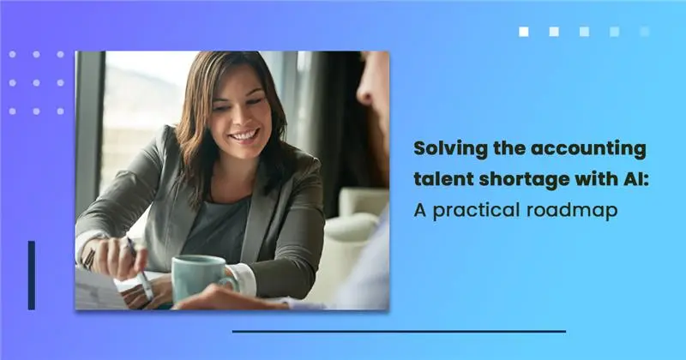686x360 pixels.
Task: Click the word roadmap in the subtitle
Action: click(x=572, y=211)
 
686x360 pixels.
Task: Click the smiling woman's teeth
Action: click(x=245, y=135)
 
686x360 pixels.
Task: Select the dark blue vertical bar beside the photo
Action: click(x=32, y=275)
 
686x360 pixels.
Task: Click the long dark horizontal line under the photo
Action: click(x=399, y=332)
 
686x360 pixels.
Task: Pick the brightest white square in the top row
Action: click(x=524, y=32)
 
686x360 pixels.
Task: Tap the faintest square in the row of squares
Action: click(x=645, y=32)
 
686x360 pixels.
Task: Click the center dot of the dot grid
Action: click(x=36, y=82)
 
